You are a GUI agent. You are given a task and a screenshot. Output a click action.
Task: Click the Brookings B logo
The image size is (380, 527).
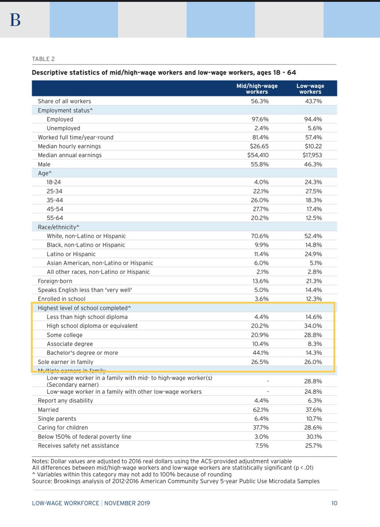15,20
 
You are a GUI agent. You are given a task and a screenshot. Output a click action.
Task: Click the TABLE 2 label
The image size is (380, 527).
43,59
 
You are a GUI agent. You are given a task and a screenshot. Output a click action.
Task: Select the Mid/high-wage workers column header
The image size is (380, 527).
257,89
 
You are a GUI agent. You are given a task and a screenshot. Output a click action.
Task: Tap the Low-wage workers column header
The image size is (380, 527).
310,89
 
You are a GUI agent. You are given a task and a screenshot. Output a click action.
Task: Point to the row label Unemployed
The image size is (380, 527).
63,128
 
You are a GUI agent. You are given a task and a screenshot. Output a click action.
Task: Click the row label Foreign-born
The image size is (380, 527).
55,281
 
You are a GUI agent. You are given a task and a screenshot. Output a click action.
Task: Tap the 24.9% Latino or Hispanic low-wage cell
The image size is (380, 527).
313,254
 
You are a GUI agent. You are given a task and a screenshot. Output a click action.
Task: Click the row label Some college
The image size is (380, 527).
65,335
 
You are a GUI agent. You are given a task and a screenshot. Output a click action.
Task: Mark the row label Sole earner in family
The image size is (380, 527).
65,362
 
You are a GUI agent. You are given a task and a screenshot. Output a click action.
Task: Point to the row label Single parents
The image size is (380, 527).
57,419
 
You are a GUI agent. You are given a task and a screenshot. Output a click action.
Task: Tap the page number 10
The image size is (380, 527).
334,503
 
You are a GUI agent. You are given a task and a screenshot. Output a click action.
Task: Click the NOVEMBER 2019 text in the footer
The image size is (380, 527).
127,503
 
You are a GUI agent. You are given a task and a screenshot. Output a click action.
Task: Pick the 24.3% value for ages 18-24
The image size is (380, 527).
313,182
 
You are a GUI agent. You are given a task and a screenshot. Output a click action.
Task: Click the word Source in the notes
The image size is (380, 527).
42,481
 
